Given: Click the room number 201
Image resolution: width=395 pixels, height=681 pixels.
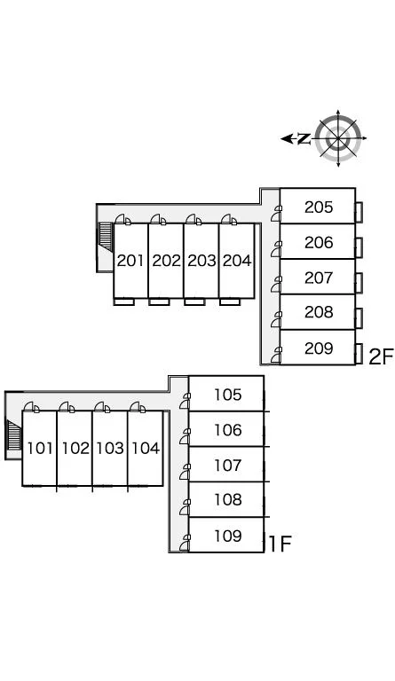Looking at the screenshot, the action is coord(130,261).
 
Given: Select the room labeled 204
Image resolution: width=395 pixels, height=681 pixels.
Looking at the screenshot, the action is coord(237,261).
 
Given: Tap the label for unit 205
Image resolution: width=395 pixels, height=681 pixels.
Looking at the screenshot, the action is coord(319,207).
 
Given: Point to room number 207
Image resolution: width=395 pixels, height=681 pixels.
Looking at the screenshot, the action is coord(319,278).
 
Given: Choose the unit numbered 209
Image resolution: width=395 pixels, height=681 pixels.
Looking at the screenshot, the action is coord(319,348).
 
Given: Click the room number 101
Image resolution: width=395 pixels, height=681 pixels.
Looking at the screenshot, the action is coord(40,448).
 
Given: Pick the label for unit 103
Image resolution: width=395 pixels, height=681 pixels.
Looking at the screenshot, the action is coord(110,448).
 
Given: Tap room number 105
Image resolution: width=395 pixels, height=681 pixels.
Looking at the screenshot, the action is coord(228,395).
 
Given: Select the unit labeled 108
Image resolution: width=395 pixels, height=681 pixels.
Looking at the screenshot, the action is coord(228,500).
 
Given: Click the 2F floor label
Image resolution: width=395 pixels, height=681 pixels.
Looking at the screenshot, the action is coord(380,356).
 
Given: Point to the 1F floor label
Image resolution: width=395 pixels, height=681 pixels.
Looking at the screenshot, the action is coord(280,544).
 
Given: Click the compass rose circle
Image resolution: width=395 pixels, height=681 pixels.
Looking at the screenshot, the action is coord(338,138).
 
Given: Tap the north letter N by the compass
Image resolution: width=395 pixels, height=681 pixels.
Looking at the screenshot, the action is coord(304,139).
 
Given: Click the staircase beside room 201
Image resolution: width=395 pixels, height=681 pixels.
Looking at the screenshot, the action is coord(106,238).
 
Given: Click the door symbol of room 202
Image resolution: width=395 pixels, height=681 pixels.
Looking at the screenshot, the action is coord(158,220).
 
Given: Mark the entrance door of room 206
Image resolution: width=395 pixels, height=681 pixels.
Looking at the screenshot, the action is coord(276,249).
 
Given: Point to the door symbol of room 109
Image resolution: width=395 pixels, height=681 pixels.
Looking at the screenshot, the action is coord(186,543).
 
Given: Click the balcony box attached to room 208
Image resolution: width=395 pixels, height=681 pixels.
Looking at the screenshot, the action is coord(359,318).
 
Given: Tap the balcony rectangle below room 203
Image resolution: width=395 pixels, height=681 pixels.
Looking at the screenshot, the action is coord(194,301).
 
